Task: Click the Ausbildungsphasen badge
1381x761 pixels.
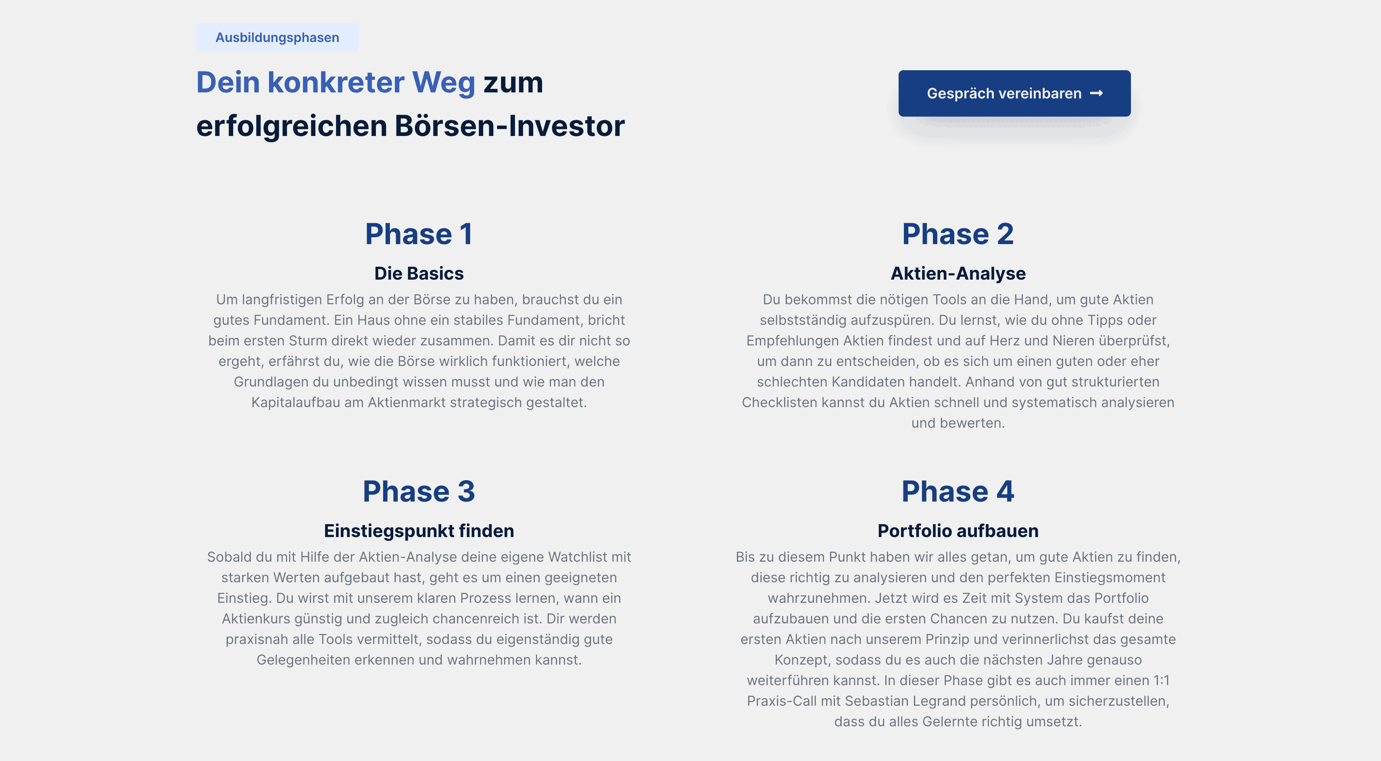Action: pyautogui.click(x=277, y=38)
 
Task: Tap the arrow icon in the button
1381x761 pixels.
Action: pyautogui.click(x=1096, y=93)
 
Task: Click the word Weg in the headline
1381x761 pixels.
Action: pyautogui.click(x=443, y=83)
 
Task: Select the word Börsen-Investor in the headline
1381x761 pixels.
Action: pyautogui.click(x=509, y=126)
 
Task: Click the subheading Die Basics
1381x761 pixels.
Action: pyautogui.click(x=419, y=274)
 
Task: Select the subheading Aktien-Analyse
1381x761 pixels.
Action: pyautogui.click(x=958, y=274)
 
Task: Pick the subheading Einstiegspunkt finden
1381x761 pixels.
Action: pyautogui.click(x=419, y=531)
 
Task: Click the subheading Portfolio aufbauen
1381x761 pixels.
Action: pyautogui.click(x=958, y=531)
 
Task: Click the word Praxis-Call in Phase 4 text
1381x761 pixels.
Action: pyautogui.click(x=782, y=701)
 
